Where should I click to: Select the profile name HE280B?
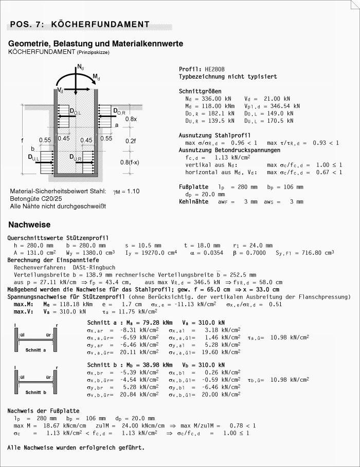tap(214, 69)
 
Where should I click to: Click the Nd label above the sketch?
tap(81, 67)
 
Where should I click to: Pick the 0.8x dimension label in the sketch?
tap(131, 119)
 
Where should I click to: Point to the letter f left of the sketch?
tap(22, 139)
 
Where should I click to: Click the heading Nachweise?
tap(29, 225)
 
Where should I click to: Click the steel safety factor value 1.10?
tap(132, 191)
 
